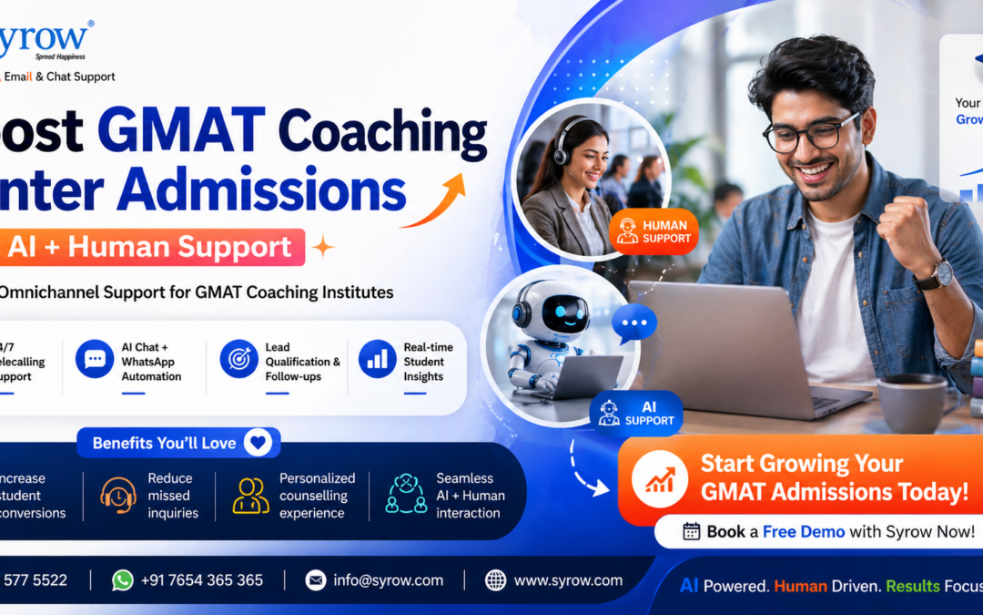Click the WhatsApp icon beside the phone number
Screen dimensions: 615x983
coord(123,580)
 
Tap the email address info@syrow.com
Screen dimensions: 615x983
coord(388,580)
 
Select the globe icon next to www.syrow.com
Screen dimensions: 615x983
coord(495,580)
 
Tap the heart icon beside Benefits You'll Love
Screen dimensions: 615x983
coord(258,443)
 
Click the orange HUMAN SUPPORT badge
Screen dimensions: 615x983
coord(654,231)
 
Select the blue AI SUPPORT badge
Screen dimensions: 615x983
coord(636,413)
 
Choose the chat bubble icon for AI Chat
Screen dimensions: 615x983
coord(95,359)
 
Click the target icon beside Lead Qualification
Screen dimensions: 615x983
coord(238,359)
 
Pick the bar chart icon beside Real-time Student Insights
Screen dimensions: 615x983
coord(377,359)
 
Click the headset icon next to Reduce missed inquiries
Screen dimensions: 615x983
coord(118,495)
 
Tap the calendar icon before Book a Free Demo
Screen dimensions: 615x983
coord(692,531)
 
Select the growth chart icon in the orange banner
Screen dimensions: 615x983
coord(660,478)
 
